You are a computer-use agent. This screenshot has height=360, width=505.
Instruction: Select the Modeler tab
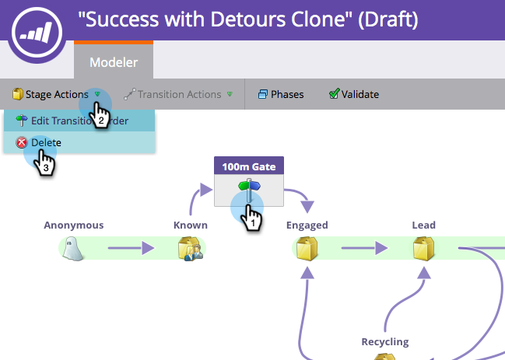click(114, 61)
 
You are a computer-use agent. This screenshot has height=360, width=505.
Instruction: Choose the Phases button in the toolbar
click(281, 95)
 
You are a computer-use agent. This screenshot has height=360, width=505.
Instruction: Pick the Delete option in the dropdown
click(45, 142)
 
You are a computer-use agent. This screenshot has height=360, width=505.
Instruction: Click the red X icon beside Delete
click(22, 142)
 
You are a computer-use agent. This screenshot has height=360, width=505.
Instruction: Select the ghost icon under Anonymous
click(73, 249)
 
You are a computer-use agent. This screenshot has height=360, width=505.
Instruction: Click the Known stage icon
click(190, 249)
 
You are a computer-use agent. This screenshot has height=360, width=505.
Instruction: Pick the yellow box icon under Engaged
click(307, 249)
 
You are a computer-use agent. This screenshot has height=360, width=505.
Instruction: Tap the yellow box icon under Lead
click(423, 249)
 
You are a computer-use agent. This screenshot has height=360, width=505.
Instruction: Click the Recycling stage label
click(384, 341)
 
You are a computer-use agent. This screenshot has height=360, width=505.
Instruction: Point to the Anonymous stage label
click(73, 225)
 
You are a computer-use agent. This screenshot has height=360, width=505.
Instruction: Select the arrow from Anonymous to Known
click(131, 249)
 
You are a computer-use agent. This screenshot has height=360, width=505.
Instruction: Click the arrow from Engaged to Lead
click(364, 249)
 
